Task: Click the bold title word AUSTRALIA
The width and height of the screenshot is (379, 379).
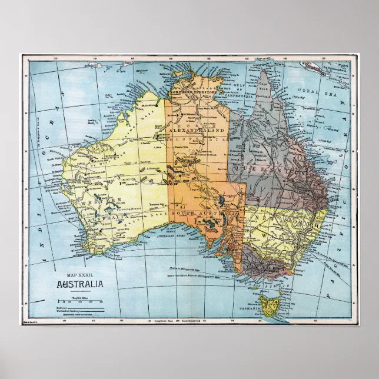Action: coord(81,285)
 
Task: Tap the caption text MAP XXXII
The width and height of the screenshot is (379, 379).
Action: coord(81,276)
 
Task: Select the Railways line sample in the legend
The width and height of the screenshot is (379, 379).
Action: coord(88,307)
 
